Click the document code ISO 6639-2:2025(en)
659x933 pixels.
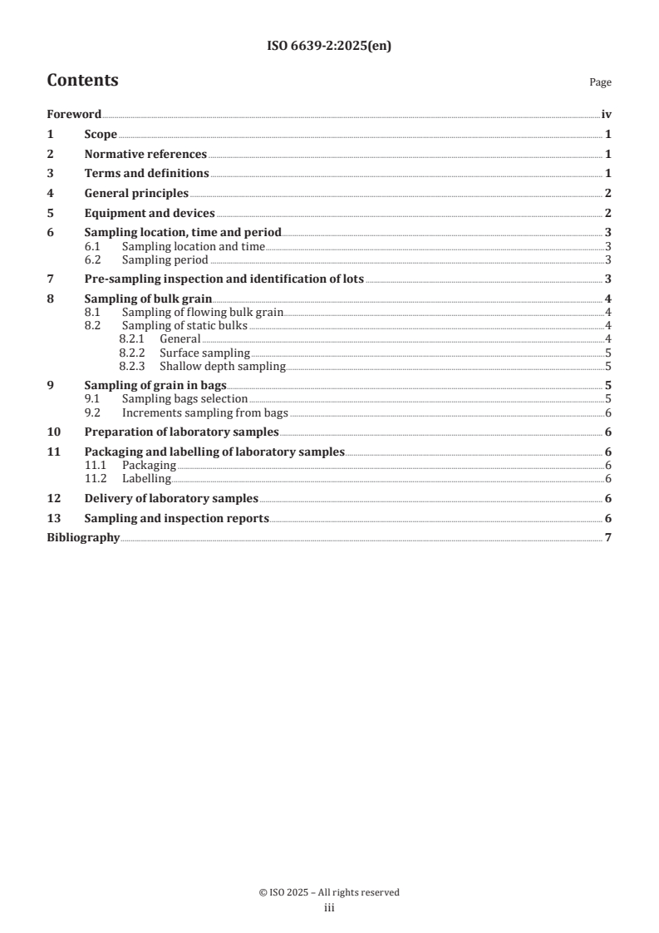click(329, 47)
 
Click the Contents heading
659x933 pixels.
click(82, 81)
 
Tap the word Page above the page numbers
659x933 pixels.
click(600, 82)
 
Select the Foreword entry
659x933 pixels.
click(74, 115)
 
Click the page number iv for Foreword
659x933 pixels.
click(607, 115)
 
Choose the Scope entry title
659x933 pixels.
click(101, 135)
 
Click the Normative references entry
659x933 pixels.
click(145, 154)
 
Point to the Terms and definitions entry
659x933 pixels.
click(146, 174)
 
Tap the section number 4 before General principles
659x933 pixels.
click(50, 193)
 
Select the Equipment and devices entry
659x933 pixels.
click(150, 213)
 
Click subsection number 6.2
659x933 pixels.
click(93, 259)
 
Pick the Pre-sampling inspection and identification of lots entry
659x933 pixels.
click(224, 279)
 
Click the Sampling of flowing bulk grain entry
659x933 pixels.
click(203, 312)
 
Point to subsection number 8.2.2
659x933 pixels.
click(133, 353)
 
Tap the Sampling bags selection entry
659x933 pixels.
click(184, 398)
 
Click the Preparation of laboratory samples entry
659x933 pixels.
click(181, 432)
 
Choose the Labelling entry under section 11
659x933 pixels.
click(146, 478)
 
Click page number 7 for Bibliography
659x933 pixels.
click(608, 538)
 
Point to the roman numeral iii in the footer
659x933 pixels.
click(329, 908)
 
